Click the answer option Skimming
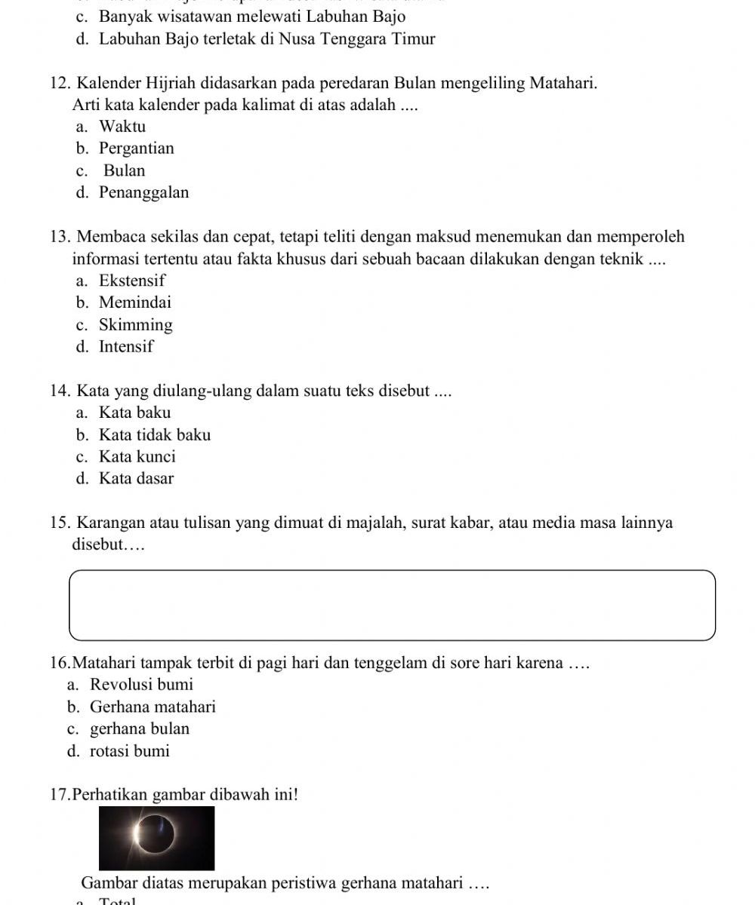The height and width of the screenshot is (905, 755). pyautogui.click(x=135, y=325)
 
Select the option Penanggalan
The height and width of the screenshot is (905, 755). pyautogui.click(x=143, y=192)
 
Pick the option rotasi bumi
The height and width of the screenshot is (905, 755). pyautogui.click(x=129, y=751)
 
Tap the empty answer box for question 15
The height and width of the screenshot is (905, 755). pyautogui.click(x=392, y=605)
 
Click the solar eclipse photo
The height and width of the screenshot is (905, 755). pyautogui.click(x=156, y=837)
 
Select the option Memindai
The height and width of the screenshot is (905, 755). pyautogui.click(x=135, y=302)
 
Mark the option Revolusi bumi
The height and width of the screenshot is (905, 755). pyautogui.click(x=141, y=685)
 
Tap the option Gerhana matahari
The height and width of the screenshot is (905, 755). pyautogui.click(x=153, y=707)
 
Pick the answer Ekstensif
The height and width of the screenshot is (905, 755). pyautogui.click(x=132, y=281)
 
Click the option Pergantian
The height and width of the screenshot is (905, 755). pyautogui.click(x=136, y=148)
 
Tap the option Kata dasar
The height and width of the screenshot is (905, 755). pyautogui.click(x=136, y=478)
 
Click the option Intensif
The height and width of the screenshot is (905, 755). pyautogui.click(x=126, y=347)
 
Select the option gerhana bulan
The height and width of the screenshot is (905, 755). pyautogui.click(x=140, y=729)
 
